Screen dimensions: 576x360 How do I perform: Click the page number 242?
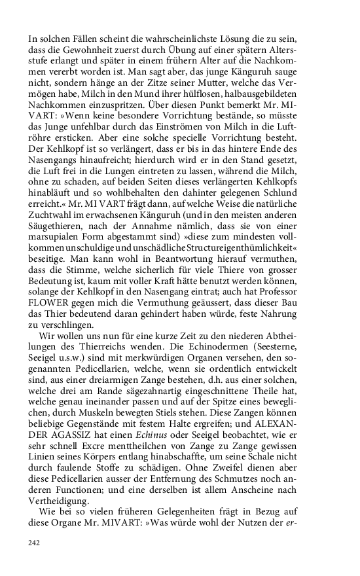click(35, 543)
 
